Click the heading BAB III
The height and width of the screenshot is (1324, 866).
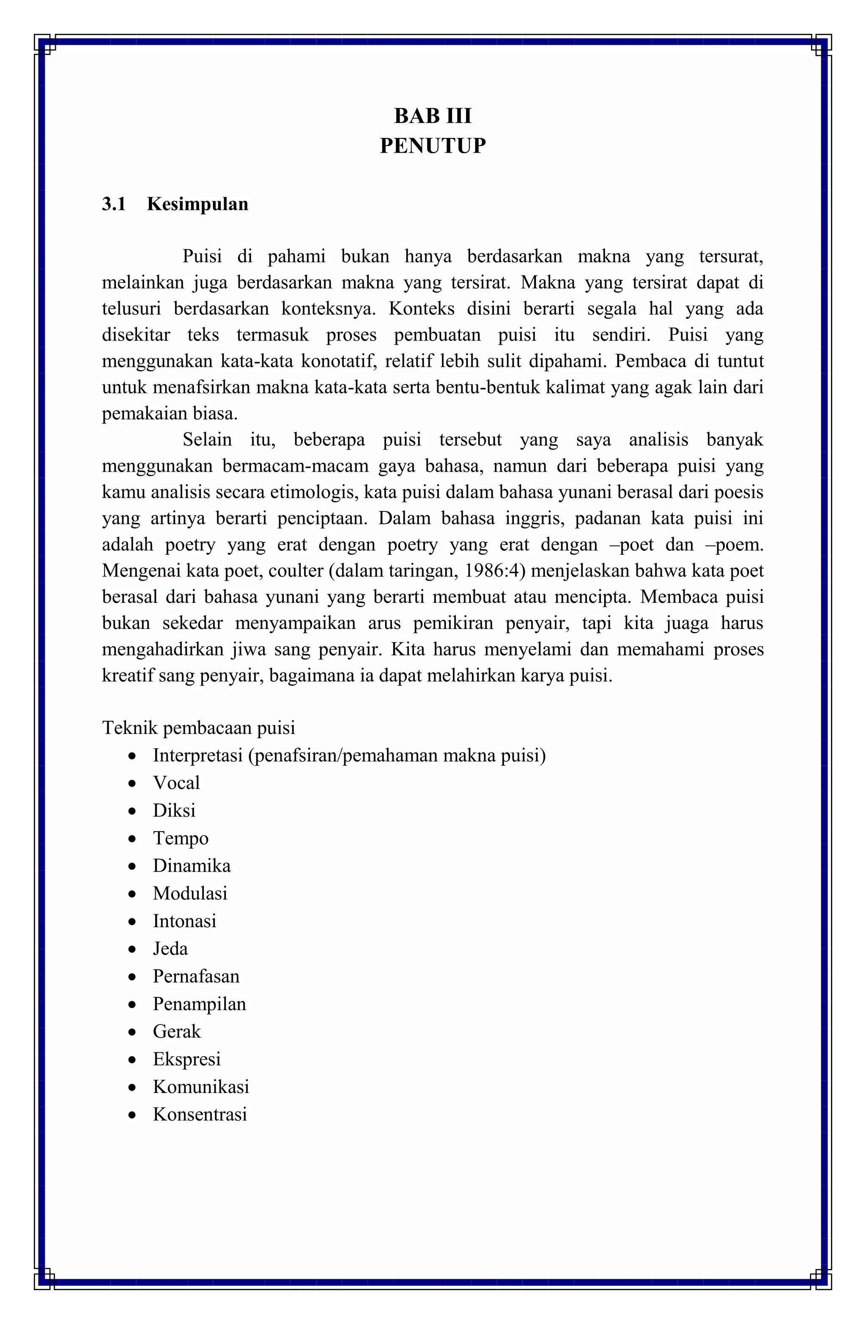433,116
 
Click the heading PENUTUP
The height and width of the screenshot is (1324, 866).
433,146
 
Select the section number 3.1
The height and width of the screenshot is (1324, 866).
114,204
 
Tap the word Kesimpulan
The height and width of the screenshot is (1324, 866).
197,204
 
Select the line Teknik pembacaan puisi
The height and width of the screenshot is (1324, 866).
199,728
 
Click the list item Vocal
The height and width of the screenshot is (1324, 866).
176,783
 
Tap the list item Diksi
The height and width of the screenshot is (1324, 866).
174,810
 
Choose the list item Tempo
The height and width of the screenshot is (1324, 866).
181,838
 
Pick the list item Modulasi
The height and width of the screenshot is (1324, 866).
190,893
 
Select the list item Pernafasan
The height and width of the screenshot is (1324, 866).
196,976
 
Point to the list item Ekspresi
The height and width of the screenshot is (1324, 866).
187,1059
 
